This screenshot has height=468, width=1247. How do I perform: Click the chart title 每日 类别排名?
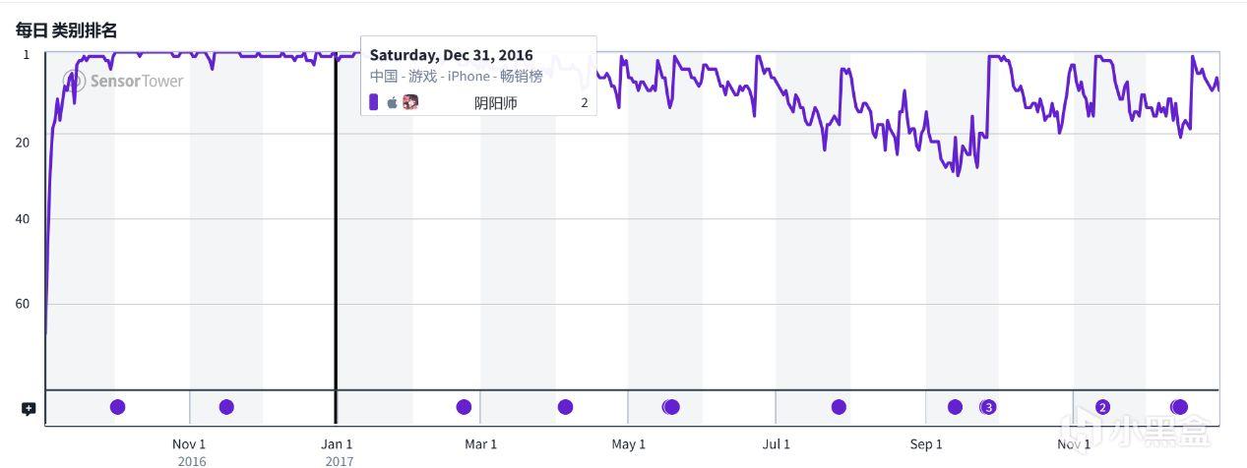(66, 30)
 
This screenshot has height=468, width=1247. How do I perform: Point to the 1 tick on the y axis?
(26, 54)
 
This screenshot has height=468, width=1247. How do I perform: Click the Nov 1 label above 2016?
(189, 444)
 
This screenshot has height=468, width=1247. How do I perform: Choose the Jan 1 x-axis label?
(338, 444)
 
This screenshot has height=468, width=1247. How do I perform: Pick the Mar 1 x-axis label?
(480, 444)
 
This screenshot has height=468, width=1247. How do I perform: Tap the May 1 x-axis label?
(629, 444)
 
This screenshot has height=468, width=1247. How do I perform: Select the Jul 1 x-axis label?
(776, 444)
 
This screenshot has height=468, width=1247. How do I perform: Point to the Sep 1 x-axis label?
(926, 444)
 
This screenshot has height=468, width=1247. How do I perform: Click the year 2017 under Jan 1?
(338, 460)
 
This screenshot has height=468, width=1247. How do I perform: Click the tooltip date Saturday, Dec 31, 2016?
(451, 55)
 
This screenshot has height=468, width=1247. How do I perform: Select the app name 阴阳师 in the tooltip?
(495, 102)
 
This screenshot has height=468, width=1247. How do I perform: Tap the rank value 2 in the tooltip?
(584, 102)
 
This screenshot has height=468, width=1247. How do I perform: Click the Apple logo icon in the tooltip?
(392, 102)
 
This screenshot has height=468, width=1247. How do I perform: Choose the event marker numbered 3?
(989, 407)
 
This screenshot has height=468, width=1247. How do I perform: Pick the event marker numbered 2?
(1102, 407)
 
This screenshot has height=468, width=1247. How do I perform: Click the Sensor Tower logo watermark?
(123, 81)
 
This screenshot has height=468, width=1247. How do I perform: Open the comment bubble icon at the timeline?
(29, 409)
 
